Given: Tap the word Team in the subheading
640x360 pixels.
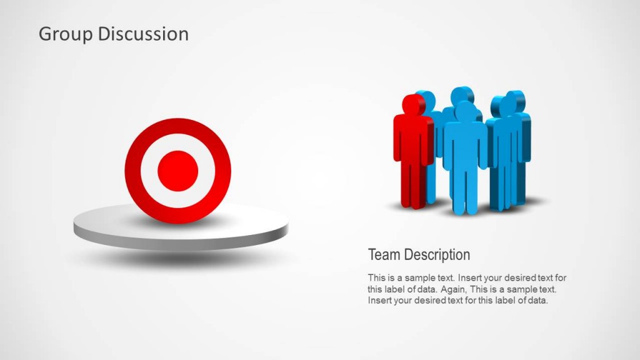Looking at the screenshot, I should [x=384, y=255].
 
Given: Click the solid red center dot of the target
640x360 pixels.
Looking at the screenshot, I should [x=177, y=171].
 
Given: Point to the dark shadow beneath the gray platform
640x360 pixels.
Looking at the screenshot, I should [x=181, y=257].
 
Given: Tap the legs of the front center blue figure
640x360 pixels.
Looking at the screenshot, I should [x=465, y=191].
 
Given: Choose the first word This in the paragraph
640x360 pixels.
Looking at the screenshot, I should [x=376, y=277].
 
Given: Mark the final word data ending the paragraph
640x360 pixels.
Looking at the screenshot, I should [x=538, y=301].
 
